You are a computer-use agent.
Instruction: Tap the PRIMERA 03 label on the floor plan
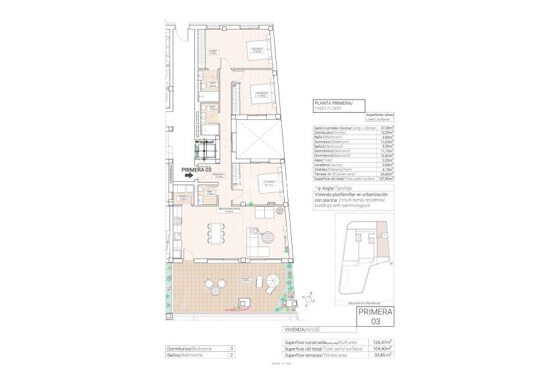pyautogui.click(x=196, y=169)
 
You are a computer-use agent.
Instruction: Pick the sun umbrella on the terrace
pyautogui.click(x=216, y=287)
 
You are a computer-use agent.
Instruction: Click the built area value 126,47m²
pyautogui.click(x=381, y=342)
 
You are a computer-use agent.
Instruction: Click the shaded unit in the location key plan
pyautogui.click(x=381, y=230)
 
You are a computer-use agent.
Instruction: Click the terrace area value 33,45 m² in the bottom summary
pyautogui.click(x=383, y=355)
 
